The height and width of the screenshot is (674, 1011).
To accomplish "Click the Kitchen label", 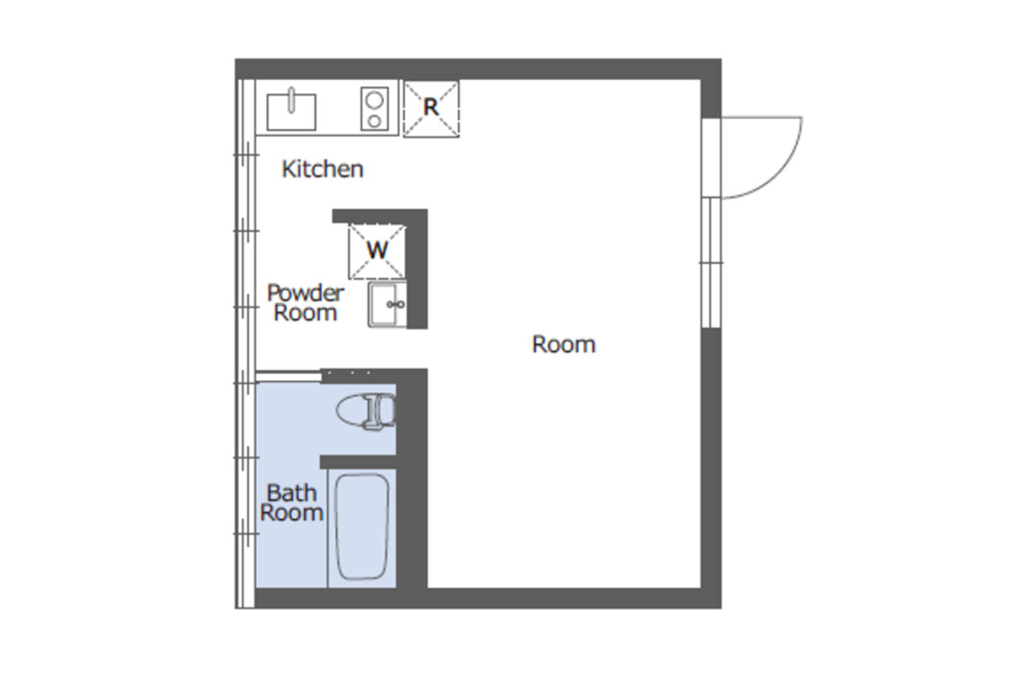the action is coord(322,169).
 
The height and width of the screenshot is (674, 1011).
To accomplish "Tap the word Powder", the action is coord(306,293).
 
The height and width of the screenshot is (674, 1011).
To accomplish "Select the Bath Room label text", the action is coord(292,503).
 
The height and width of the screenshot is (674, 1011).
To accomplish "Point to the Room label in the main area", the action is coord(564,345).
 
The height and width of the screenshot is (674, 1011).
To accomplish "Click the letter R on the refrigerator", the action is coord(431,108).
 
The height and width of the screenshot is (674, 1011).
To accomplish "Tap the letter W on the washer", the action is coord(377,249).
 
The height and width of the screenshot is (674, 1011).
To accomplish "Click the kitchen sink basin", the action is coord(292,112).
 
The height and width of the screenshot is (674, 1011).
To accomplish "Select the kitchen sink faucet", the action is coord(292,99).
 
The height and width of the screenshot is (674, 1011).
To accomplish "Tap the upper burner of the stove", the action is coord(374,100).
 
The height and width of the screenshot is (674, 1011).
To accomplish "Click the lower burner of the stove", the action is coord(374,121).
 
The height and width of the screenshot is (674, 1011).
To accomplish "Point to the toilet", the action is coord(366,411).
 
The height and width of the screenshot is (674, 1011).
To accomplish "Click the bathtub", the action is coord(362,527).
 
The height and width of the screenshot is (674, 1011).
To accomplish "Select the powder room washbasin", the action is coord(388,304).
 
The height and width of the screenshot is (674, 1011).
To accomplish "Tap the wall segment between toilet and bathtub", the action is coord(358,462).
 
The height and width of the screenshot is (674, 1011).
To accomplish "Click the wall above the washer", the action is coord(380,216).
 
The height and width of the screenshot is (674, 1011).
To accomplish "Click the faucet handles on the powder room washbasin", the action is coord(396,305).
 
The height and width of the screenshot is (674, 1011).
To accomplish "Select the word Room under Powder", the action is coord(306,313).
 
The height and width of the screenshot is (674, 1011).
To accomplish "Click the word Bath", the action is coord(292,493).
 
